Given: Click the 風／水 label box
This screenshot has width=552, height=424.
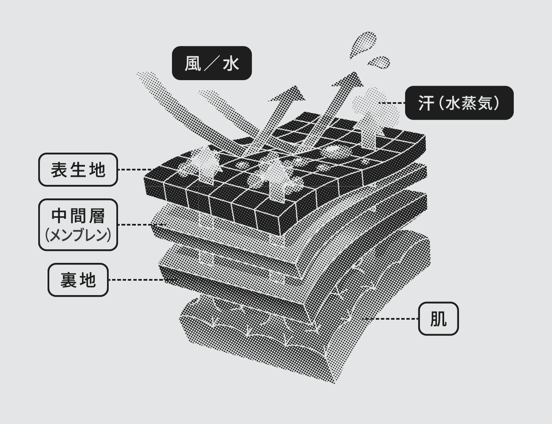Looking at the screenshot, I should pyautogui.click(x=211, y=63).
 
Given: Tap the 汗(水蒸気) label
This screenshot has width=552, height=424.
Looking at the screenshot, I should pyautogui.click(x=459, y=103).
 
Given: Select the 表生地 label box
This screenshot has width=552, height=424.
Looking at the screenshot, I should pyautogui.click(x=78, y=170).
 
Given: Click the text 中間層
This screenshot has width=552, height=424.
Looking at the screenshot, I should pyautogui.click(x=78, y=216).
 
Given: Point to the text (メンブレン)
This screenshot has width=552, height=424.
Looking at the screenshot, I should pyautogui.click(x=78, y=235).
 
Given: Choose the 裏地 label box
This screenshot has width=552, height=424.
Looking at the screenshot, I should pyautogui.click(x=78, y=280).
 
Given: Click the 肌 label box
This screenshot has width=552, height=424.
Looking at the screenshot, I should pyautogui.click(x=438, y=318).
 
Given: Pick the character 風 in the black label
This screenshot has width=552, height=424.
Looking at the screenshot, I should pyautogui.click(x=193, y=64).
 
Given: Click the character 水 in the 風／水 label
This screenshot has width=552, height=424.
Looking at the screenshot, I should pyautogui.click(x=231, y=64).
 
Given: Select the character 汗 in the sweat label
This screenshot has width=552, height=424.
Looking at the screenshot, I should pyautogui.click(x=426, y=103).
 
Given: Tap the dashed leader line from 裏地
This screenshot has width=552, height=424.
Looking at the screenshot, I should pyautogui.click(x=136, y=280).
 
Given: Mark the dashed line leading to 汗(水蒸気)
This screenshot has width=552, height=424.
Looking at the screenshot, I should pyautogui.click(x=393, y=103).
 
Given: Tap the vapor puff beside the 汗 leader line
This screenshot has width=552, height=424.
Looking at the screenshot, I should pyautogui.click(x=369, y=102).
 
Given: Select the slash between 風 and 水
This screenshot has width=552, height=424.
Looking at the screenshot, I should pyautogui.click(x=212, y=64).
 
